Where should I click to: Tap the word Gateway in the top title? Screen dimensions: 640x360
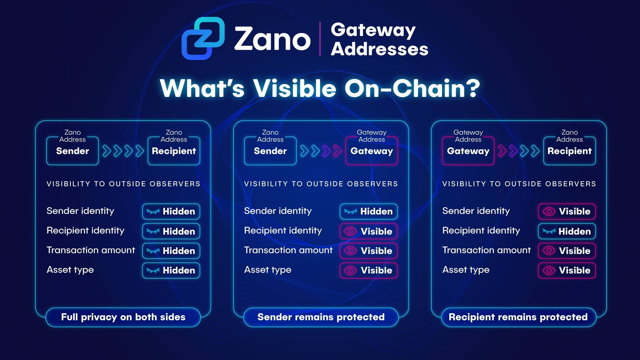[x=373, y=30]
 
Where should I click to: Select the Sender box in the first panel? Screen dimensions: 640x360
[x=73, y=151]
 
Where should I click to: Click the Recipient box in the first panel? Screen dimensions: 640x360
[x=174, y=151]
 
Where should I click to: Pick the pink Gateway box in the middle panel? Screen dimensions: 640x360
[x=372, y=151]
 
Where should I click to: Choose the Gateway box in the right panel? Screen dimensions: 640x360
[x=468, y=151]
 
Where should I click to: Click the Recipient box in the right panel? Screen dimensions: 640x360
[x=569, y=151]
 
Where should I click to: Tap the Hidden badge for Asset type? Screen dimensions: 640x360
[x=171, y=270]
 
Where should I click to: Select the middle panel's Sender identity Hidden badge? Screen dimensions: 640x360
[x=369, y=211]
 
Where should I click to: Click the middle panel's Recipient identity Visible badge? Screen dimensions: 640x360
[x=369, y=231]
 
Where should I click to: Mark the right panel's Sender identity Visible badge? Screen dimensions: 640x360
[x=567, y=211]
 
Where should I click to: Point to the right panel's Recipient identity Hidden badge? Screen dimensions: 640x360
[x=567, y=231]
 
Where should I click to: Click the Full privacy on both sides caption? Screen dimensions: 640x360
[x=123, y=317]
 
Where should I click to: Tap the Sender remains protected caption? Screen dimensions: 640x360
[x=321, y=317]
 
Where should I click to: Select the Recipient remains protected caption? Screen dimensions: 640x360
[x=518, y=317]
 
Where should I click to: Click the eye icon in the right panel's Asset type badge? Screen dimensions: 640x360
[x=549, y=270]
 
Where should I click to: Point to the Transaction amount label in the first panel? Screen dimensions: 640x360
[x=91, y=250]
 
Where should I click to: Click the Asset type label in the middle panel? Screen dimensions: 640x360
[x=268, y=270]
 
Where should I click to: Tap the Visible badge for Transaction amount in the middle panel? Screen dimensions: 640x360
[x=369, y=251]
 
